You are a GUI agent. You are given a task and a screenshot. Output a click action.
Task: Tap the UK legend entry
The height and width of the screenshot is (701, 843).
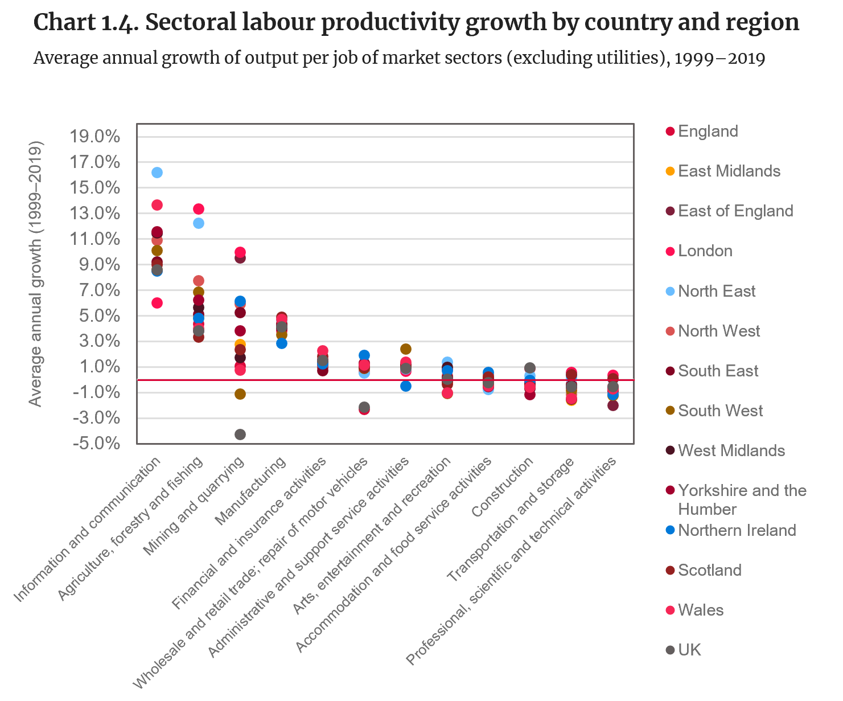click(x=689, y=650)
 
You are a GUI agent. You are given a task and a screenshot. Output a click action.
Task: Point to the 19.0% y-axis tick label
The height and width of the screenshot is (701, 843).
click(x=94, y=137)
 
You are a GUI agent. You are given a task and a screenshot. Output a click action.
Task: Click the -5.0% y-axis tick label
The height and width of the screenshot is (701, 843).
click(x=94, y=443)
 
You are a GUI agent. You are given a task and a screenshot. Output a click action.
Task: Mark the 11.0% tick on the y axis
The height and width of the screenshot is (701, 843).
click(x=94, y=239)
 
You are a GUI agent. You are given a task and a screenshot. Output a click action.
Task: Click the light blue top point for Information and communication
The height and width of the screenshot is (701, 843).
click(x=157, y=173)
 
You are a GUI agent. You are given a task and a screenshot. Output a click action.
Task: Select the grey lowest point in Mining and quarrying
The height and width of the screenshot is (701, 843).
click(x=240, y=434)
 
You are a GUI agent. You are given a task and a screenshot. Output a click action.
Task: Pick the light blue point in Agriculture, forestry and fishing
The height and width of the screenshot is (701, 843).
click(x=199, y=223)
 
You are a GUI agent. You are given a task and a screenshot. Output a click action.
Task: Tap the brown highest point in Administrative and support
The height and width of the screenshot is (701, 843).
click(x=406, y=349)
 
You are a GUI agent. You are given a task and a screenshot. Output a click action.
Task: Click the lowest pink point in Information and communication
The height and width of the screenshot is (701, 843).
click(x=157, y=303)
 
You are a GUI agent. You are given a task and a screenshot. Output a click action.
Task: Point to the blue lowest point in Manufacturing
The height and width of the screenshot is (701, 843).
click(x=282, y=343)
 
